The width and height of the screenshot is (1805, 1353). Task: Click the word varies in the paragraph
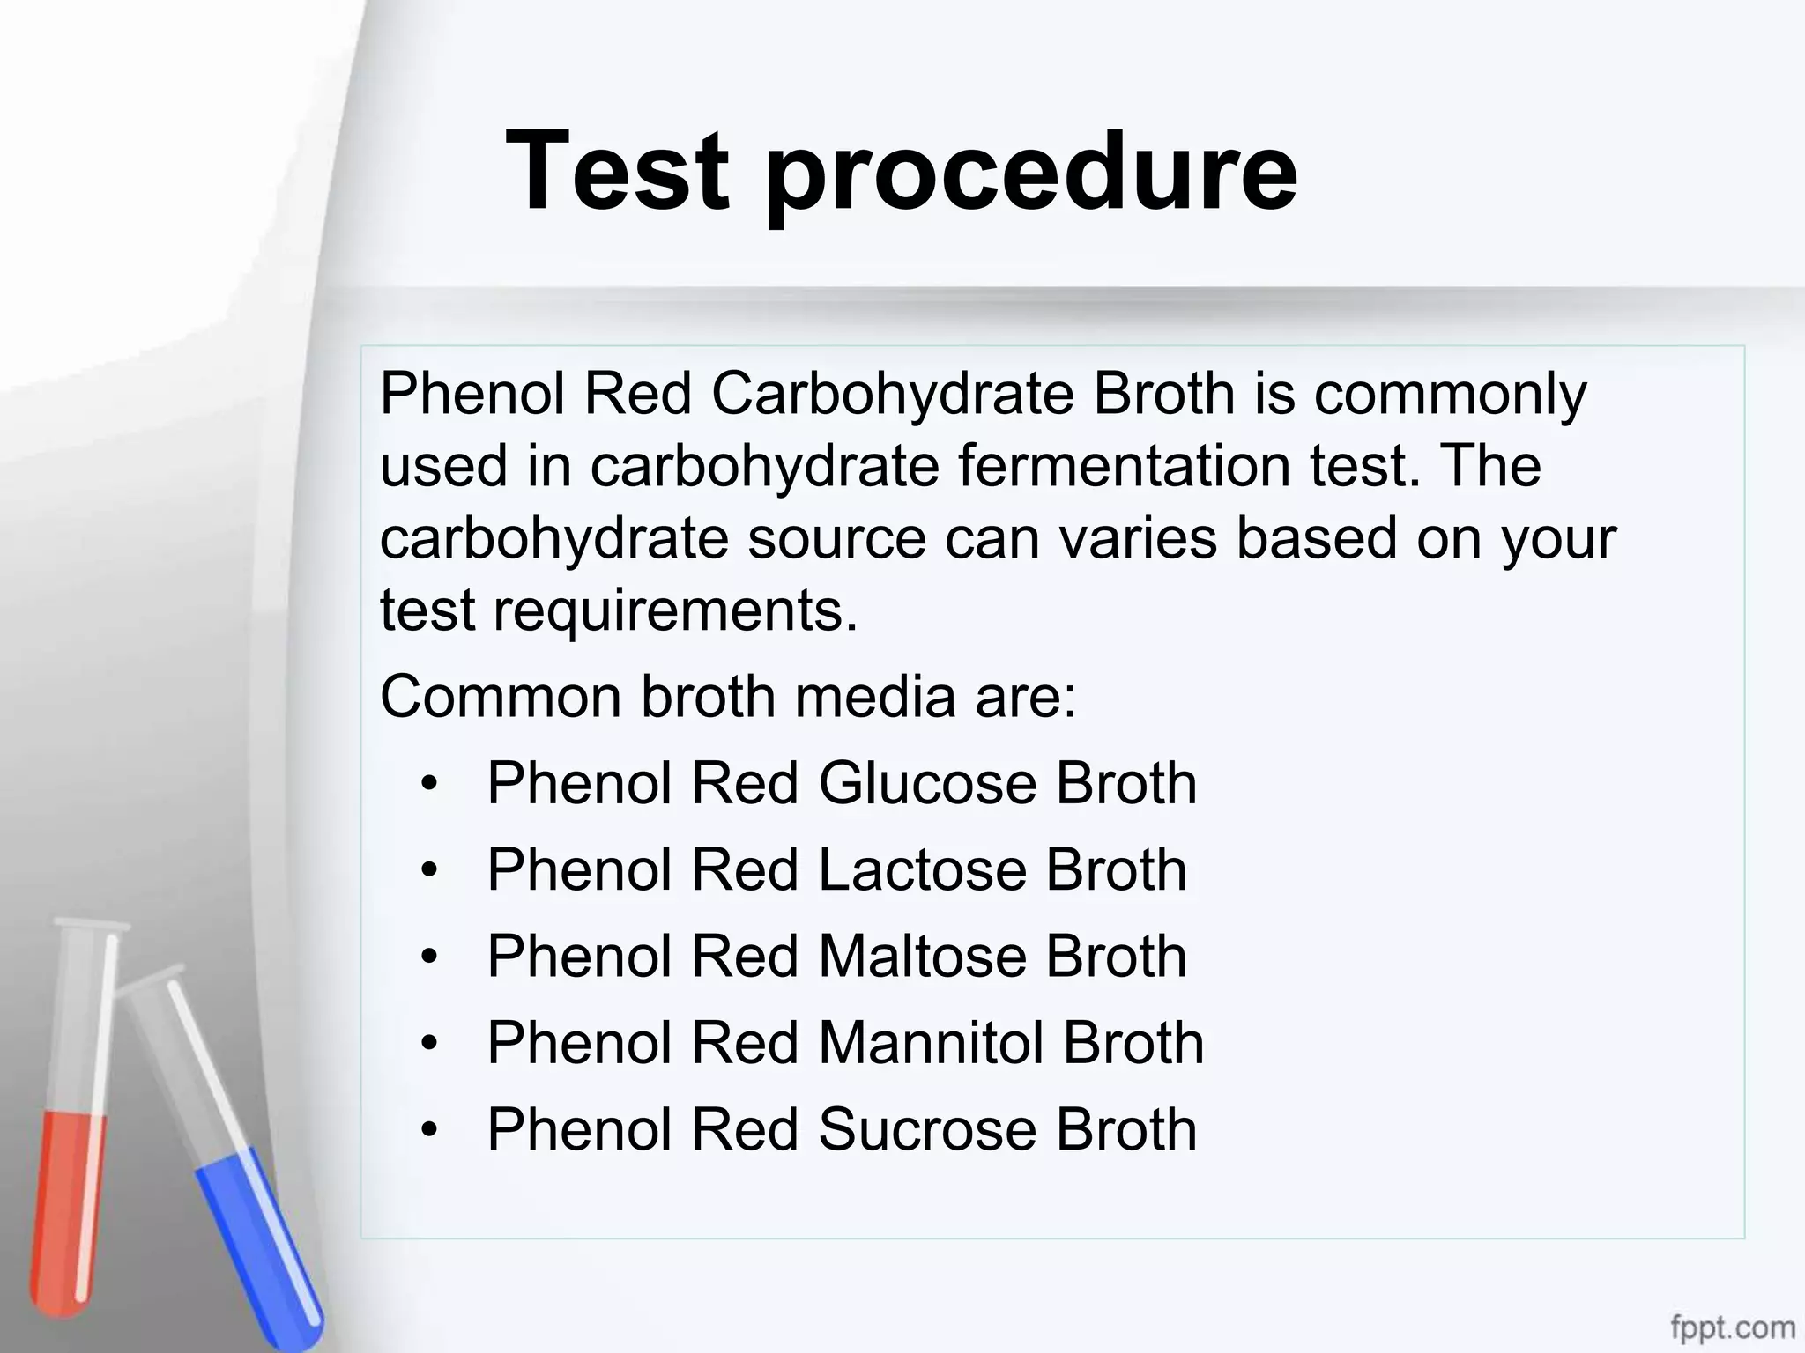[1137, 538]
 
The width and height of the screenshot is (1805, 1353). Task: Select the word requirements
[674, 610]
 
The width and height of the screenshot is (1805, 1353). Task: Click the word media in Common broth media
[874, 696]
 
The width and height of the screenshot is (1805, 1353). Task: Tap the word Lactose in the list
[922, 869]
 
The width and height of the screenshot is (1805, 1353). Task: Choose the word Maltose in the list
[922, 956]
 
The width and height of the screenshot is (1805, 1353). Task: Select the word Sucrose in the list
[927, 1129]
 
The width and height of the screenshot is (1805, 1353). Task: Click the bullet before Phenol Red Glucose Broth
[429, 783]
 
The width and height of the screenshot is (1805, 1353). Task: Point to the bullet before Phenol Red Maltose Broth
[429, 957]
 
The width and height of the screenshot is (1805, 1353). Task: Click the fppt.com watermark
[1732, 1327]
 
